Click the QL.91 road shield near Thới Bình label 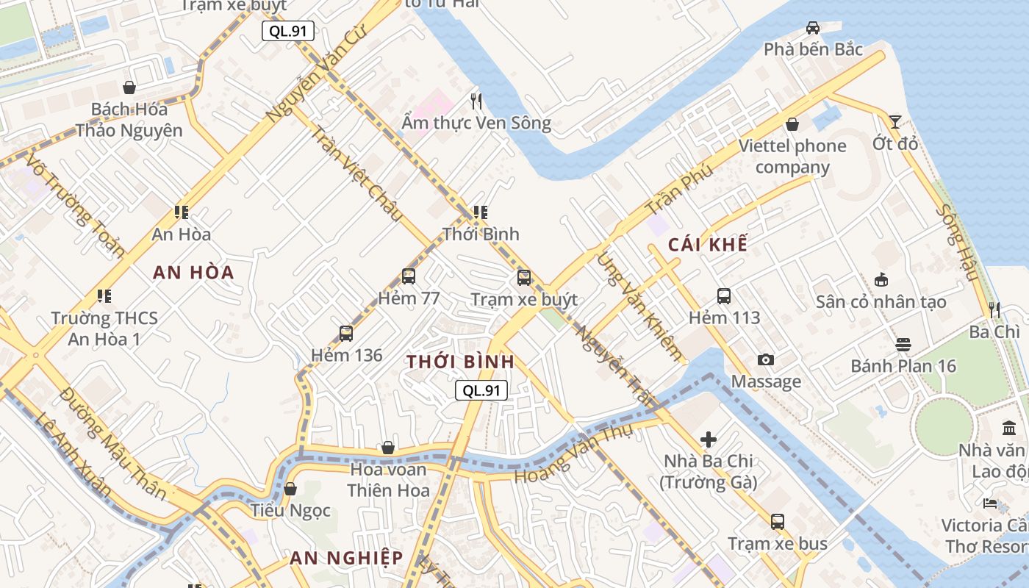tap(481, 390)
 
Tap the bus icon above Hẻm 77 tap(409, 276)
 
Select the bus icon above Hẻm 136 tap(346, 333)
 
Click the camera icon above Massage tap(766, 359)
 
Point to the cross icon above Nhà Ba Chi tap(709, 440)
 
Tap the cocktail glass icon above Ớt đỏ tap(894, 121)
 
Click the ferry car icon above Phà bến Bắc tap(812, 28)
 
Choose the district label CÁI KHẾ tap(707, 245)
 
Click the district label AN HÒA tap(193, 273)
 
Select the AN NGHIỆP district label tap(346, 558)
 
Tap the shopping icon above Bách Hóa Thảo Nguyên tap(129, 87)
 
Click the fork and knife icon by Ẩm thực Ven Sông tap(476, 101)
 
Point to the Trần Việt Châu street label tap(356, 173)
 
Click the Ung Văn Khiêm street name tap(639, 306)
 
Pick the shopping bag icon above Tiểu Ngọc tap(290, 489)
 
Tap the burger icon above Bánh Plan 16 tap(903, 344)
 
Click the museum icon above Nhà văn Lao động tap(1009, 428)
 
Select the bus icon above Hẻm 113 tap(724, 296)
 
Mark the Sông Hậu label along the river tap(958, 243)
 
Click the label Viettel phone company tap(792, 156)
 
